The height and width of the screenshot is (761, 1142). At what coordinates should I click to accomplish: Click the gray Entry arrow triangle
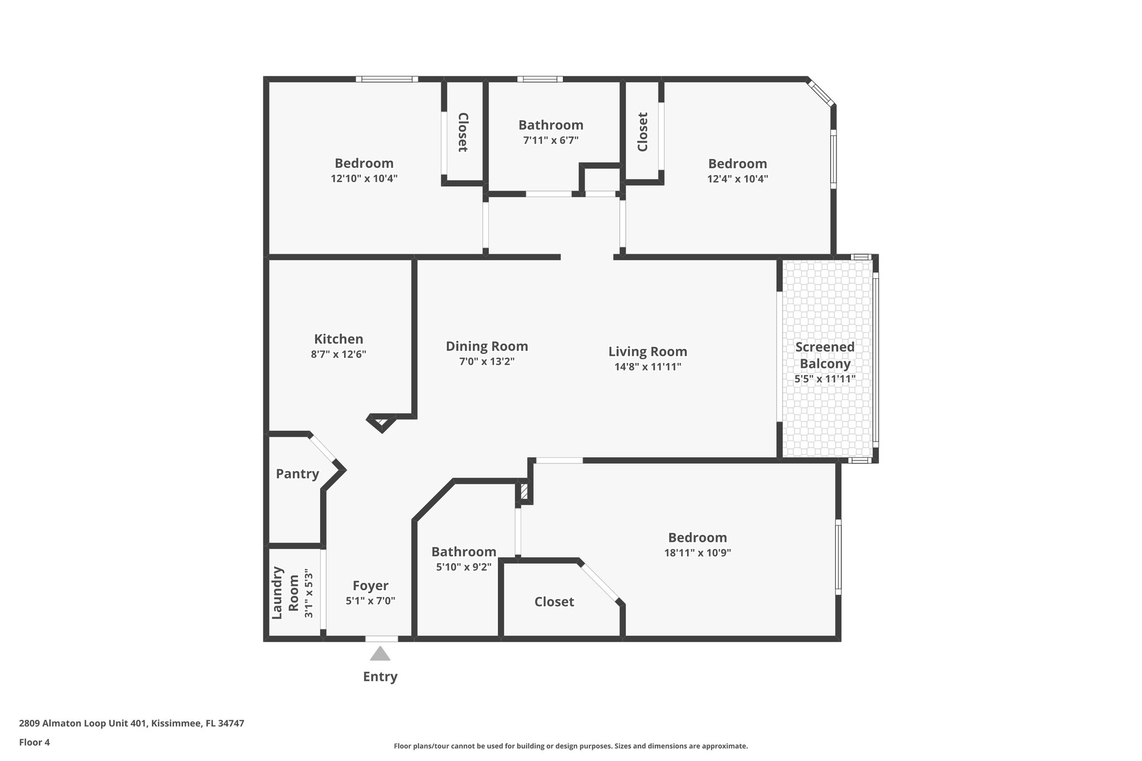[x=380, y=654]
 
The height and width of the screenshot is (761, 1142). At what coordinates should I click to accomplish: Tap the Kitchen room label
[x=338, y=339]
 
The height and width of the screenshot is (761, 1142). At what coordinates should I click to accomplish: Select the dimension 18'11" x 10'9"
[x=697, y=553]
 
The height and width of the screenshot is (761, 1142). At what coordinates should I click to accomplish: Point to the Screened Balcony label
[x=825, y=355]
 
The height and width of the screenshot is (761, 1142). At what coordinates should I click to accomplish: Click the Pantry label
[x=297, y=474]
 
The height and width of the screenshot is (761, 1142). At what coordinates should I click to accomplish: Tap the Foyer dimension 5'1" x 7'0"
[x=370, y=601]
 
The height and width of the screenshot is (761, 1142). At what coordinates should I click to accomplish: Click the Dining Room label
[x=486, y=346]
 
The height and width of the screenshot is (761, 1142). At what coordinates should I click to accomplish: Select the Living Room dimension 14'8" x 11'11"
[x=647, y=367]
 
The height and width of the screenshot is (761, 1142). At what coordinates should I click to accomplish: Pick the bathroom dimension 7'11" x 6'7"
[x=550, y=140]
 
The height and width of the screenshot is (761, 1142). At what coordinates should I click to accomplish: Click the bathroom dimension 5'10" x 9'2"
[x=463, y=567]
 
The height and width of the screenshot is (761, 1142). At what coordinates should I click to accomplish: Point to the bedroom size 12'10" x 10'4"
[x=364, y=179]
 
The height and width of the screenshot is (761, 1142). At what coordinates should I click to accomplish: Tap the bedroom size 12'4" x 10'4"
[x=737, y=179]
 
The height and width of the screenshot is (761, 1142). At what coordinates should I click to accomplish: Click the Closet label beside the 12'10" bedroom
[x=463, y=132]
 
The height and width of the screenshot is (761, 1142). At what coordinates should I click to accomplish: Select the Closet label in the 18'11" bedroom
[x=554, y=602]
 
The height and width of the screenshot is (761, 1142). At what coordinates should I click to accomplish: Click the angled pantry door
[x=322, y=448]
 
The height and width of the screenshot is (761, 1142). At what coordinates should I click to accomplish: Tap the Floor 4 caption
[x=34, y=742]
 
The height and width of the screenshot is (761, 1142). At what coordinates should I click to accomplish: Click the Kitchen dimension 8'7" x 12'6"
[x=338, y=354]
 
